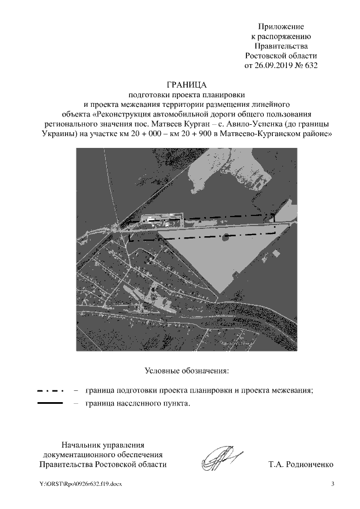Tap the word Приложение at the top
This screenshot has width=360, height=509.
click(x=281, y=26)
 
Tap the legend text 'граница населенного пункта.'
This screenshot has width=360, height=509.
click(x=137, y=404)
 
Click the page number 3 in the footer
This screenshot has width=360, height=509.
click(x=332, y=484)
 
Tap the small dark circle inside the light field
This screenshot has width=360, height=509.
click(x=225, y=237)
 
